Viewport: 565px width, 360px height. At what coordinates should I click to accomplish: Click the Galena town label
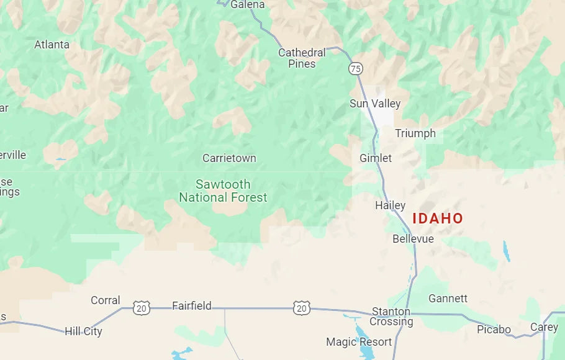pos(247,5)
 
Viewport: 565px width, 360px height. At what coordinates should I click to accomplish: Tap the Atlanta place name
pos(52,45)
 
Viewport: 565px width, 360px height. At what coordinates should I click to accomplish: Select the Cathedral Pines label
pos(302,58)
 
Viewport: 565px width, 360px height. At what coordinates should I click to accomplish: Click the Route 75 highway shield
pos(356,69)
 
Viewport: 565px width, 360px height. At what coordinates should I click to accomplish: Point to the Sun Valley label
pos(375,104)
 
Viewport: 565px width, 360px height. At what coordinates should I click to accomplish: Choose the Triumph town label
pos(415,133)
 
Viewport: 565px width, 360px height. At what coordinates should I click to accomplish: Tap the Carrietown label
pos(229,158)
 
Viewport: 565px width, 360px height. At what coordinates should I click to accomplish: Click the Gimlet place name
pos(376,158)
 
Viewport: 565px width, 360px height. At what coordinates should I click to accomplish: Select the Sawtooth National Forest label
pos(223,191)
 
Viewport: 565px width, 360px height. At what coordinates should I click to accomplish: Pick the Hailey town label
pos(390,205)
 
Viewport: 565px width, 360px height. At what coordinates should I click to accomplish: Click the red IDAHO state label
pos(438,218)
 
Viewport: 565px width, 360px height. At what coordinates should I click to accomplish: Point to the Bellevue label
pos(413,239)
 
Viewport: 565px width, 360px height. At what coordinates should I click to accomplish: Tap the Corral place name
pos(106,300)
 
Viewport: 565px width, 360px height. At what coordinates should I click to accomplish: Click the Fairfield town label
pos(191,306)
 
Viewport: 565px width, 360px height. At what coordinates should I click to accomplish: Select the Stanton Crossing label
pos(391,317)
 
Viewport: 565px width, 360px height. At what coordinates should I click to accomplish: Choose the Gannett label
pos(448,299)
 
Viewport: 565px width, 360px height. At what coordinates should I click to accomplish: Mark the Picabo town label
pos(494,330)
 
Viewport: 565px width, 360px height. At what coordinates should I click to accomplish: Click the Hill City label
pos(83,331)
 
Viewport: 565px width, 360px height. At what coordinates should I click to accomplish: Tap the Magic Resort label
pos(359,342)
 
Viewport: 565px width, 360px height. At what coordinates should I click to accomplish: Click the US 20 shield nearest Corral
pos(142,307)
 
